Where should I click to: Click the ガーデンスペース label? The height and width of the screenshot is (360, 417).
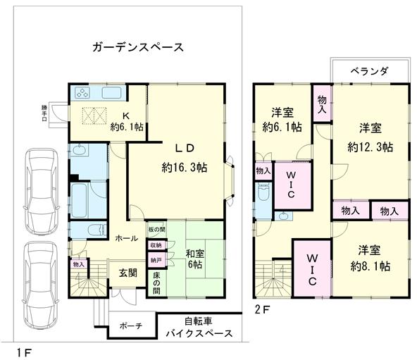138,48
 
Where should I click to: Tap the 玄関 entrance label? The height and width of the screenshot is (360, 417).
127,273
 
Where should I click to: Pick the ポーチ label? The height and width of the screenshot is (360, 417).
131,326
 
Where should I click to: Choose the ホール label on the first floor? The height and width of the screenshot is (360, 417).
126,238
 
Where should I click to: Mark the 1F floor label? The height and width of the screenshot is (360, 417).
23,350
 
